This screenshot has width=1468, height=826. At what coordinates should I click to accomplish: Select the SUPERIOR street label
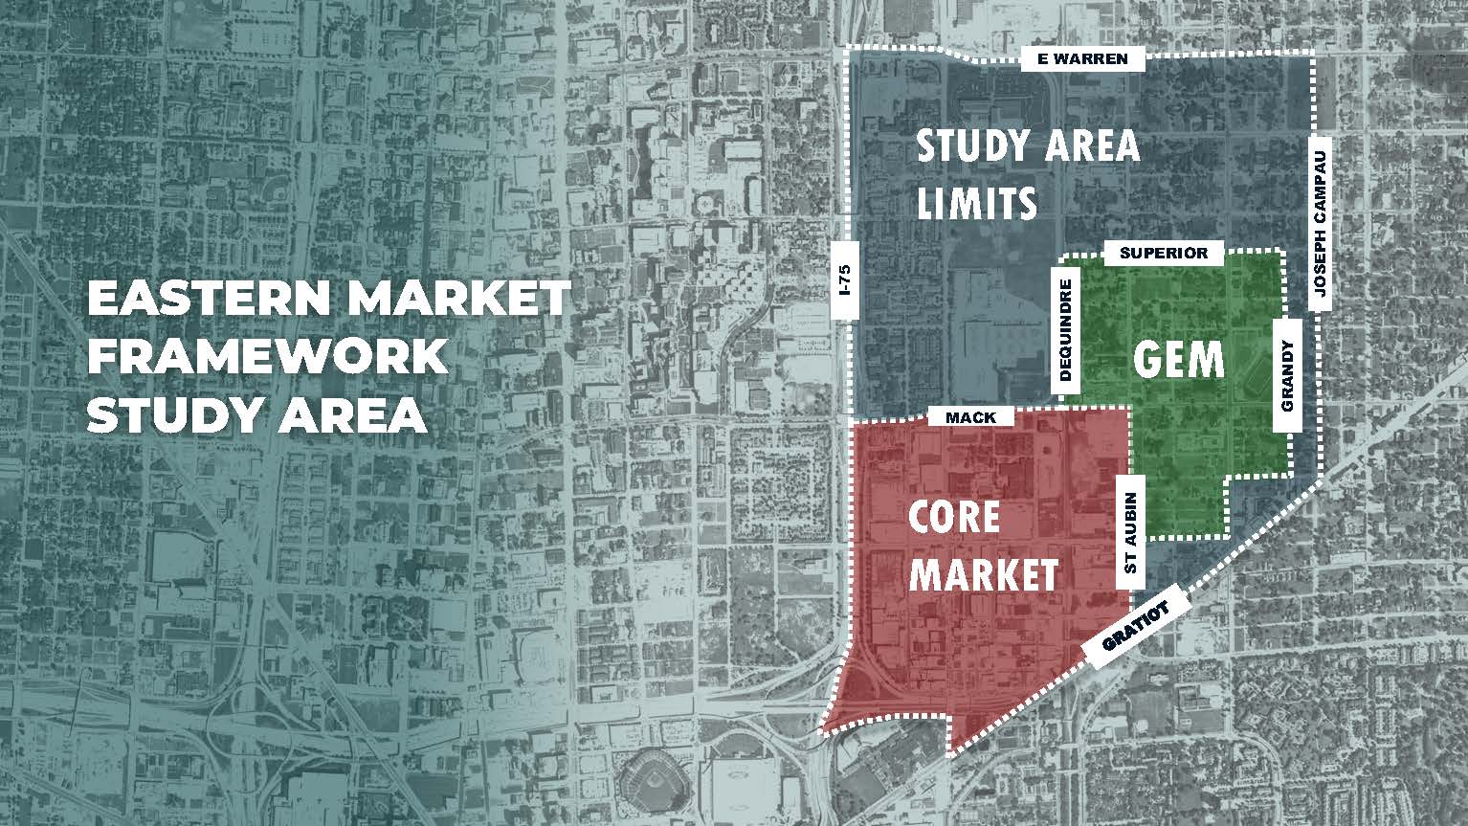click(1163, 254)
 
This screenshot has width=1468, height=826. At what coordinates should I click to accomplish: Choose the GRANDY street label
click(1287, 377)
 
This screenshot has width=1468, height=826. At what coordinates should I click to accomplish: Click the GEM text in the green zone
click(1179, 360)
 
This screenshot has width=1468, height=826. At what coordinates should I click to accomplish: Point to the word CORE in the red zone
click(954, 518)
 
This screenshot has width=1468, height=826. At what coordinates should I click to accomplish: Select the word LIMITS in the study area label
click(977, 203)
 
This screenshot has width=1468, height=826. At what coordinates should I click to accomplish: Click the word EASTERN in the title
click(208, 300)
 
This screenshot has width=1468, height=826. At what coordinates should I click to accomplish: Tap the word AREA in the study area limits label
click(1083, 146)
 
